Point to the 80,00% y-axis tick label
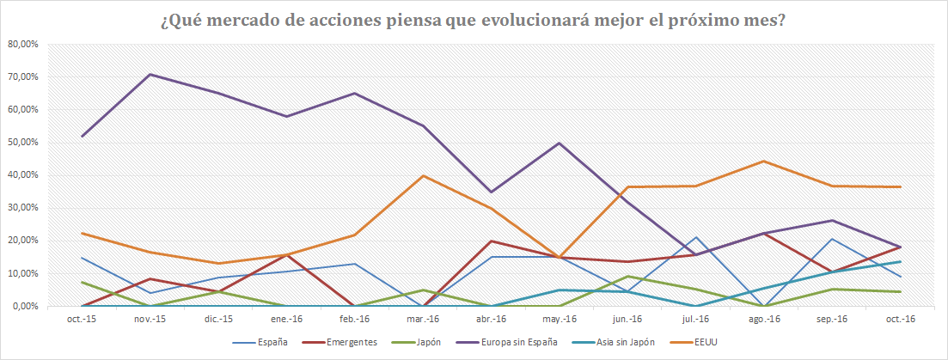[x=22, y=44]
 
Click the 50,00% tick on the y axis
[x=22, y=143]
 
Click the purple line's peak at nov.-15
[x=150, y=75]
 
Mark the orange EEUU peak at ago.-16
[x=764, y=161]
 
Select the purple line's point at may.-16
[x=560, y=143]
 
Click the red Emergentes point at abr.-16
[x=492, y=241]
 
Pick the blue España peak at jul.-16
[x=696, y=237]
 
